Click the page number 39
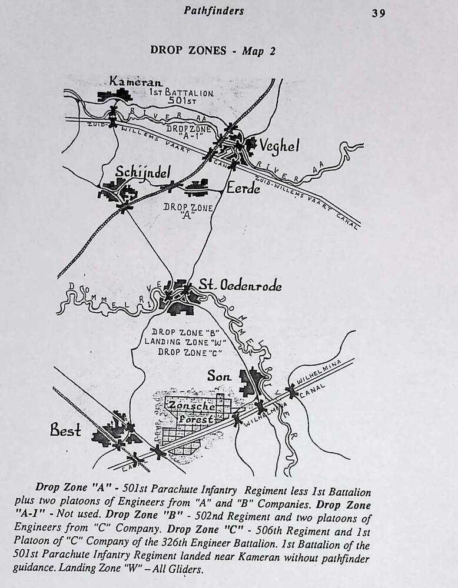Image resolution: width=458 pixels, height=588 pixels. [379, 13]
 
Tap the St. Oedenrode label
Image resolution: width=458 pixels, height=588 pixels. [243, 286]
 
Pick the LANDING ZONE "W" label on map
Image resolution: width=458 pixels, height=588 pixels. [185, 342]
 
